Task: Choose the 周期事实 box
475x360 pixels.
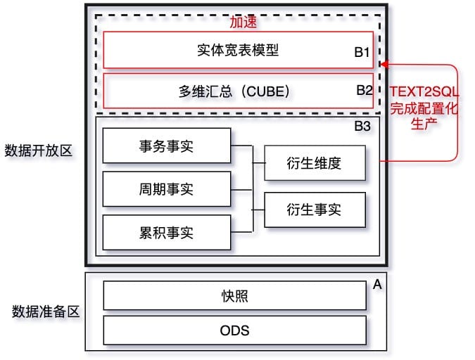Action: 166,189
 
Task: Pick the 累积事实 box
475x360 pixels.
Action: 166,233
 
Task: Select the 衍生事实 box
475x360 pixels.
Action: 314,209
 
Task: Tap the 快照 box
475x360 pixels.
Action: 234,296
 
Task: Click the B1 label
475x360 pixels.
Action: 362,52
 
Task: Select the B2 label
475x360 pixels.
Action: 364,91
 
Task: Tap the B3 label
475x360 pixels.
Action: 362,128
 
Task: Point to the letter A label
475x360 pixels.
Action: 376,285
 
